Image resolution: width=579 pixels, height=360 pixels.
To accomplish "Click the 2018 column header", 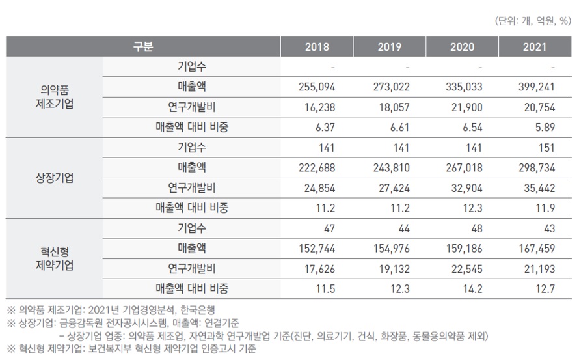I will coord(317,47).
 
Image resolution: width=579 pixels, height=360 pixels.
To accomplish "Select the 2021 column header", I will coord(534,47).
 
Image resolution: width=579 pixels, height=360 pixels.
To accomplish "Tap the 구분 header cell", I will coord(143,47).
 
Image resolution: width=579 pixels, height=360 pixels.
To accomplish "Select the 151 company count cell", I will coord(545,147).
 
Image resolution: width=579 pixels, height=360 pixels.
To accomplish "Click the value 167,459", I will coord(534,247).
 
